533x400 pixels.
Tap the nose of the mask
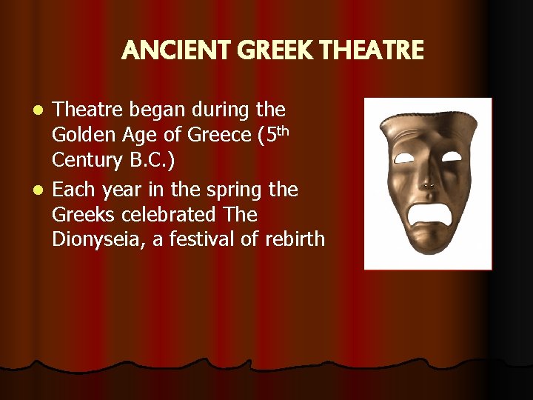(427, 178)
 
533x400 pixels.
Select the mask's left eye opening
(403, 158)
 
